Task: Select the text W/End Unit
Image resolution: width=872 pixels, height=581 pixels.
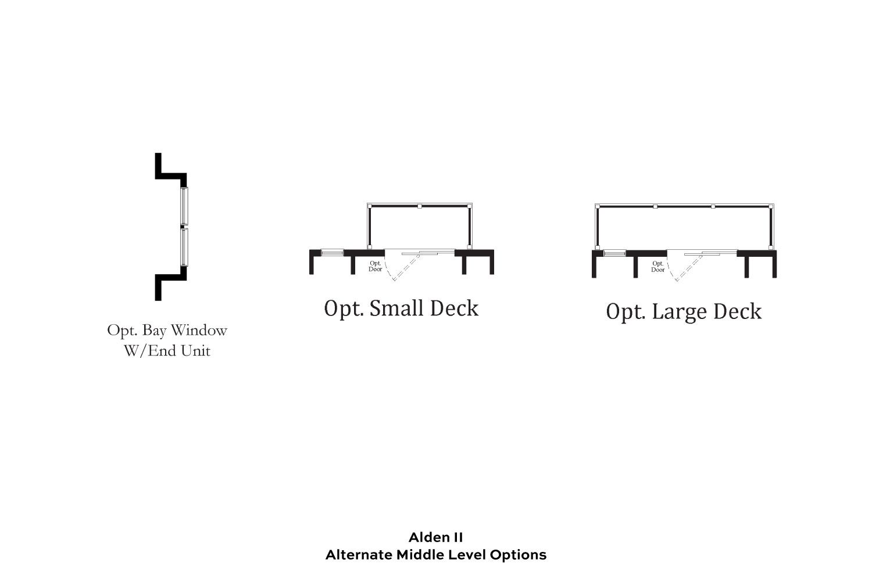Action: click(x=167, y=351)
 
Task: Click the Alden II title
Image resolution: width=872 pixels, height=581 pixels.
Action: click(x=435, y=537)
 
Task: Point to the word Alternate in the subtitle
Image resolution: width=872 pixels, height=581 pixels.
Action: click(x=359, y=555)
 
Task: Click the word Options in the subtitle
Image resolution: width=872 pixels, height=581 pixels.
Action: click(x=518, y=555)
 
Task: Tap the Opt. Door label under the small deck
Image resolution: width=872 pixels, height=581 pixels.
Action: click(x=376, y=266)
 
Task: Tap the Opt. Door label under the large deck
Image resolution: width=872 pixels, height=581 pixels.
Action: click(x=658, y=267)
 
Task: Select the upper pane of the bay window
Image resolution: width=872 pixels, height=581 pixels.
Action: click(x=184, y=206)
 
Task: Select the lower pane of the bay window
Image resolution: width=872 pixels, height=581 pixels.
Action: click(x=184, y=247)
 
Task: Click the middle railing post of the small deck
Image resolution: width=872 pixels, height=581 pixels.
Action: click(x=420, y=206)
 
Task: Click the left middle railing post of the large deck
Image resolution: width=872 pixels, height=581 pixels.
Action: click(x=656, y=207)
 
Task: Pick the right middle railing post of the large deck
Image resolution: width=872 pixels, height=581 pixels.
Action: click(x=713, y=207)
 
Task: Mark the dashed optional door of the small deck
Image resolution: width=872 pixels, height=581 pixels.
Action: click(x=407, y=267)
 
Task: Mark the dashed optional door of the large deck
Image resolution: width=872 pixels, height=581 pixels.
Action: click(x=690, y=267)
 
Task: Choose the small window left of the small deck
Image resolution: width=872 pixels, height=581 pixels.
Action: click(x=332, y=253)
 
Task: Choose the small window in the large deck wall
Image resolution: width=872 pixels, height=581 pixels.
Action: click(x=614, y=253)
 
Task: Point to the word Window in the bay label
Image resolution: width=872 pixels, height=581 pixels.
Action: click(x=199, y=331)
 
